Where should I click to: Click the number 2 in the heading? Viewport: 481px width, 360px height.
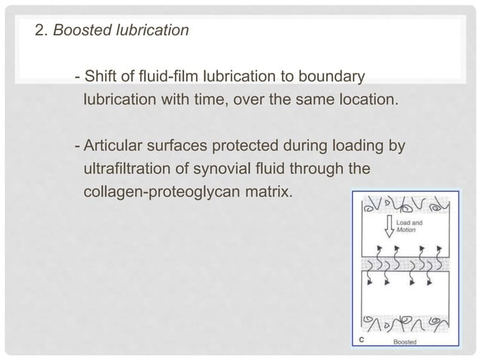click(x=39, y=32)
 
